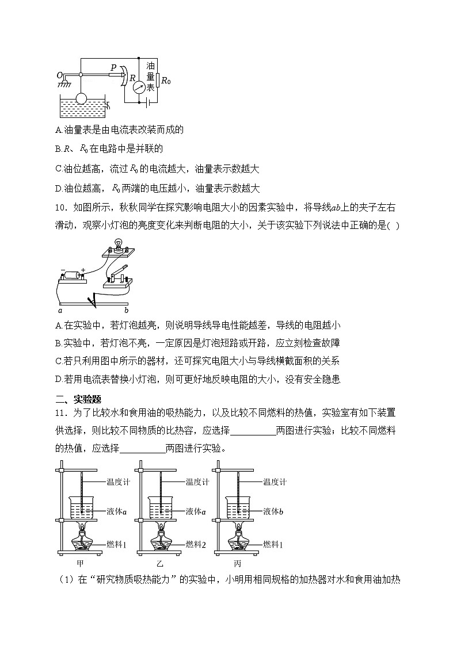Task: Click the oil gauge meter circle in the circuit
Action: [139, 87]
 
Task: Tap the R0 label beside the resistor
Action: [166, 81]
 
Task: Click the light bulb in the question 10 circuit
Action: [120, 244]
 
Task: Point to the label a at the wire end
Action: [59, 309]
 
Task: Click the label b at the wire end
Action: [127, 309]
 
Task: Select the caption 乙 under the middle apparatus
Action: [159, 564]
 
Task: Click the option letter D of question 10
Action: [58, 379]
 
